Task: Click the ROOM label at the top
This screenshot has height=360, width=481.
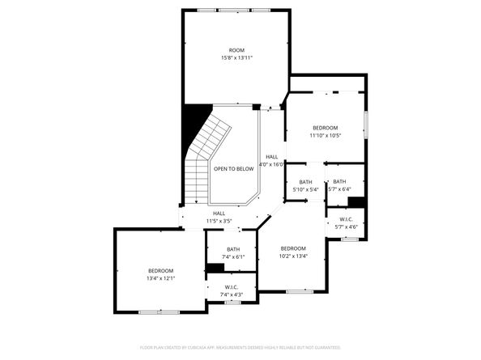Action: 236,50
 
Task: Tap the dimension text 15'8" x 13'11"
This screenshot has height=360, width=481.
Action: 236,58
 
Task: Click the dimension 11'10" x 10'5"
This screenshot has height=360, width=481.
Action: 325,135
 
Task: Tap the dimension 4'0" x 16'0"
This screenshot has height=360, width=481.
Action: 271,164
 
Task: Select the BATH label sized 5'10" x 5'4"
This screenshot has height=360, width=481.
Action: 305,182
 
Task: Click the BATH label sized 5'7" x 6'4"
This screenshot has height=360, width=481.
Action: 339,182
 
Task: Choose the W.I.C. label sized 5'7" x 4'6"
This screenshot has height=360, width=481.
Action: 344,219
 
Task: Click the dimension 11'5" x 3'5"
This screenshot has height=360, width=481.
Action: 219,221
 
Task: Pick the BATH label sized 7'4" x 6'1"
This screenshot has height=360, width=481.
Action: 233,249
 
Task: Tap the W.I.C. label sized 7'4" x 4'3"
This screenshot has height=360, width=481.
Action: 232,287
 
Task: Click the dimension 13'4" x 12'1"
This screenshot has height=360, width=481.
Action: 160,277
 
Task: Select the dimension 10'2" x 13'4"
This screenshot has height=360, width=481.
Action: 293,256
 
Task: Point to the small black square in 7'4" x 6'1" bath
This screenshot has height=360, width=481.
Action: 215,269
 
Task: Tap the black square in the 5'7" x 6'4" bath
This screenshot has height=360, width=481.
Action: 356,202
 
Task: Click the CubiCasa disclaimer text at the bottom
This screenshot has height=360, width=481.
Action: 240,347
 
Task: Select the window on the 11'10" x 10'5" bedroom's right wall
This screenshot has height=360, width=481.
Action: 365,124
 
